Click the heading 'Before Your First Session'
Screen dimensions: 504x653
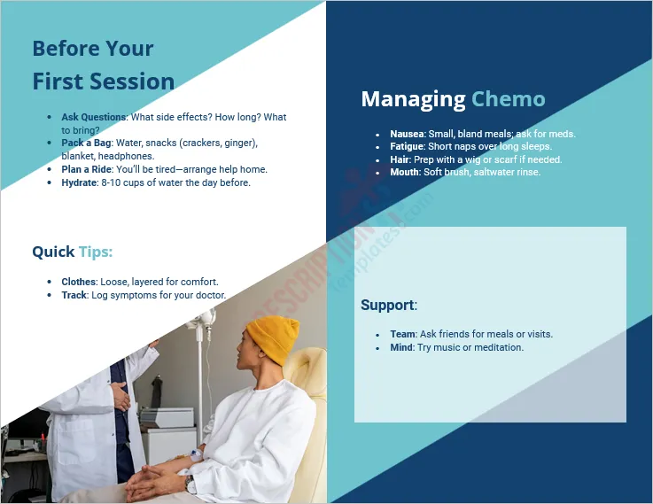point(103,65)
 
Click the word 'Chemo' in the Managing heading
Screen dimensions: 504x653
point(508,98)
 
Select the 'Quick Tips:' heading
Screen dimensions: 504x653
point(72,252)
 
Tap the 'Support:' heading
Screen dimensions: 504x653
point(388,305)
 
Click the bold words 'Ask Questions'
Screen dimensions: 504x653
point(94,117)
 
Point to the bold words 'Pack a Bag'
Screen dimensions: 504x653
point(85,143)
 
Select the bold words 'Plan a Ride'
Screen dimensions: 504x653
point(86,169)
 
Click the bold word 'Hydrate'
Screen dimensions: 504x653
point(80,182)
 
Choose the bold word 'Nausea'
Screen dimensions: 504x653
point(407,134)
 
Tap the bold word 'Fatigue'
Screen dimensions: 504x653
point(407,146)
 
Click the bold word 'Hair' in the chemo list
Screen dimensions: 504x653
point(400,159)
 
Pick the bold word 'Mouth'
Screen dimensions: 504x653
point(404,172)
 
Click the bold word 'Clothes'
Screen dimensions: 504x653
point(80,282)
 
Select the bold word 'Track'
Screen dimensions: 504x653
point(74,295)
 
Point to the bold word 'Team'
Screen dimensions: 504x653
point(401,334)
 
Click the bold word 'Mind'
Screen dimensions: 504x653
point(400,347)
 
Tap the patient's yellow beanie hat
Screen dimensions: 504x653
point(273,337)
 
